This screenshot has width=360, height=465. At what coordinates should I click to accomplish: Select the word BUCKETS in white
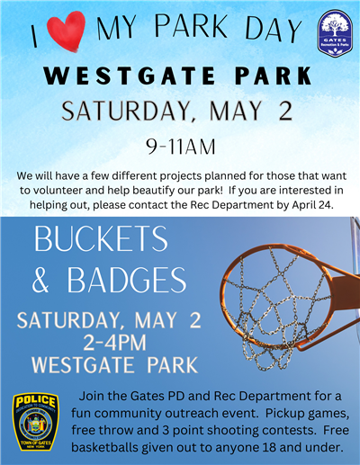[100, 240]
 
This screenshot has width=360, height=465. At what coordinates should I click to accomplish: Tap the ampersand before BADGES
[40, 280]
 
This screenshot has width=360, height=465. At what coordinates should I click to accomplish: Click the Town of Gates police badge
[36, 422]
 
